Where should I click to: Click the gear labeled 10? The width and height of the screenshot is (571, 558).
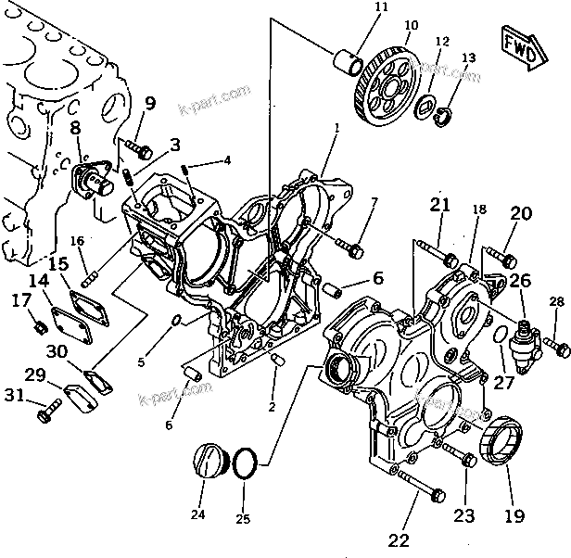(x=390, y=78)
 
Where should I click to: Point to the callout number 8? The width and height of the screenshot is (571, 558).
(x=75, y=129)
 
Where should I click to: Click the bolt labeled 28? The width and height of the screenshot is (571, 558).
(x=555, y=347)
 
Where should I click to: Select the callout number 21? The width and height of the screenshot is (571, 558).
(x=439, y=206)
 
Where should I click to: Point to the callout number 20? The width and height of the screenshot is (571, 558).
(x=520, y=214)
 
